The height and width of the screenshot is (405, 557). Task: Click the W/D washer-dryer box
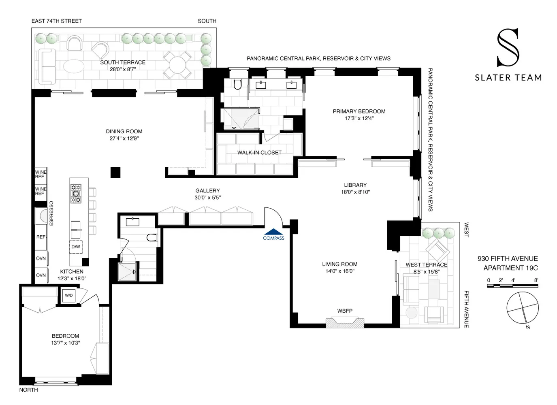(x=68, y=295)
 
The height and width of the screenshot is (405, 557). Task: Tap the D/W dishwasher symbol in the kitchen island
(x=76, y=247)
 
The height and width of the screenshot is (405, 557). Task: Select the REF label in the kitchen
(x=41, y=237)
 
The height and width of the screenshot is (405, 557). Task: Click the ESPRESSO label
(x=51, y=213)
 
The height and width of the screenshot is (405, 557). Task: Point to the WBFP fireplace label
(x=345, y=311)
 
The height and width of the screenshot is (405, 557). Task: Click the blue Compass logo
(x=273, y=234)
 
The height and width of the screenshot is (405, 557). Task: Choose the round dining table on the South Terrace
(x=177, y=65)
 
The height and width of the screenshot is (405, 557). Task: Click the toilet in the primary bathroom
(x=238, y=84)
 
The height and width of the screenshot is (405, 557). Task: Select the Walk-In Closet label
(x=259, y=152)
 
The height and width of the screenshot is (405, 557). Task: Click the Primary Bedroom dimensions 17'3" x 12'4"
(x=359, y=118)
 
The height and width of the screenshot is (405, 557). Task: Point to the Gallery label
(x=208, y=191)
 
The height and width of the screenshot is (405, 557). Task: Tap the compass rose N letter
(x=528, y=327)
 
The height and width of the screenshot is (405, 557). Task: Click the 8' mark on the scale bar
(x=536, y=280)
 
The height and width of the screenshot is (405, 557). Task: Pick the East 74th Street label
(x=57, y=21)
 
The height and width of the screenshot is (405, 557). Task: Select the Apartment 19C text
(x=511, y=268)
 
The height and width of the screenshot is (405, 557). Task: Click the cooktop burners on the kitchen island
(x=76, y=194)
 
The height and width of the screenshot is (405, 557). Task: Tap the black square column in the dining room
(x=115, y=172)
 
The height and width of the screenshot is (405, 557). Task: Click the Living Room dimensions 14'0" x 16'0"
(x=340, y=271)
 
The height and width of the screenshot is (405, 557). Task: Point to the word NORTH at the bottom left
(x=29, y=390)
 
